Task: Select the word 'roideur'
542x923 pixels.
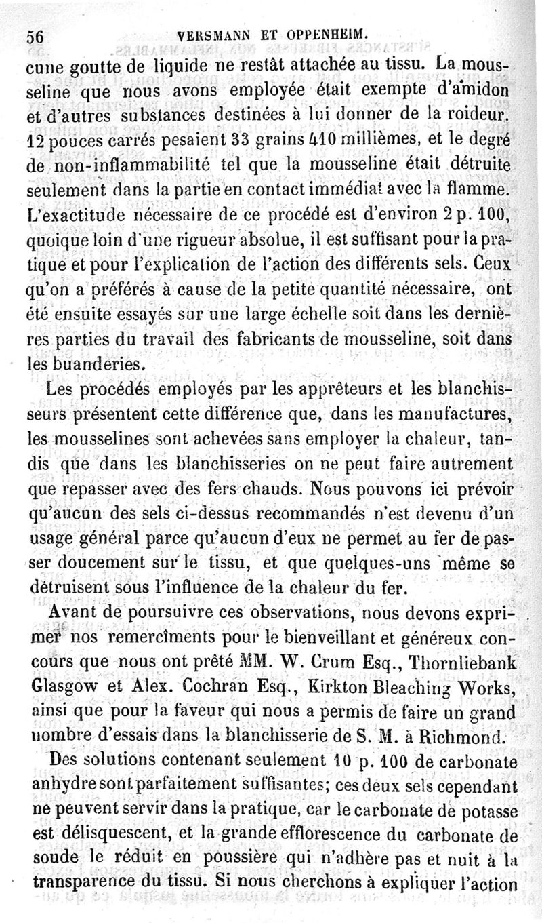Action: click(x=476, y=116)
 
